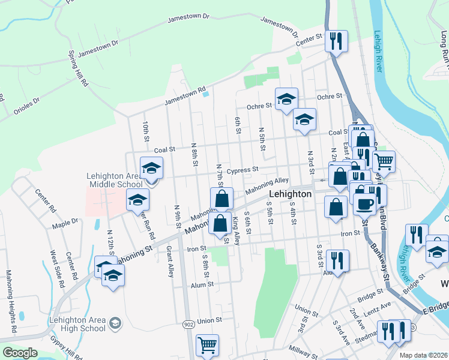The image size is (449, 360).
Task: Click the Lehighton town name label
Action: tap(291, 194)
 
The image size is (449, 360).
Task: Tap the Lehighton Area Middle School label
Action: tap(114, 180)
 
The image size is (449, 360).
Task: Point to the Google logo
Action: tap(20, 353)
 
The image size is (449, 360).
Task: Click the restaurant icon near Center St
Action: tap(336, 41)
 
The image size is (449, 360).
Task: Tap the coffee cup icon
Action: tap(364, 204)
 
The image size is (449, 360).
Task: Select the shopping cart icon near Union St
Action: tap(207, 344)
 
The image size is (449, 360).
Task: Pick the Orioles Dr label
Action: tap(27, 106)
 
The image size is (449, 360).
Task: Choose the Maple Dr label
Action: tap(65, 221)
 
